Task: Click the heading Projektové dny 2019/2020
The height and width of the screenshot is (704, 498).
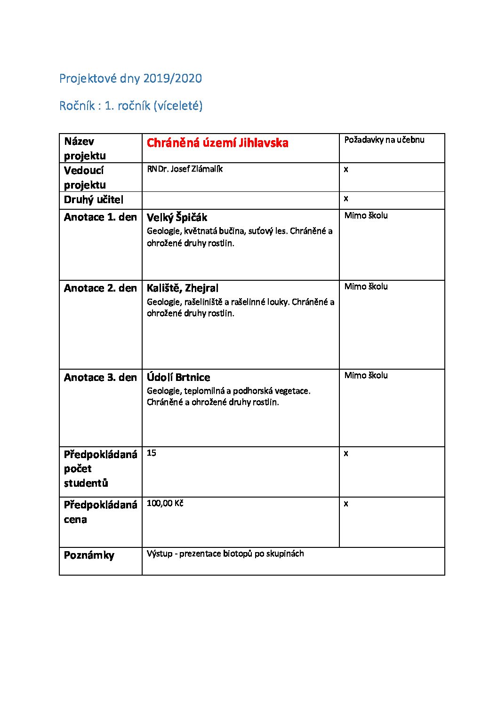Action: (130, 79)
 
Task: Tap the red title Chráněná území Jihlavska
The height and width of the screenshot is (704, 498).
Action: (217, 143)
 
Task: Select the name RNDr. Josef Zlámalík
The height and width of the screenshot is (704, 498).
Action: (185, 169)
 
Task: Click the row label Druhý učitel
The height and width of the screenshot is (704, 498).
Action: (93, 200)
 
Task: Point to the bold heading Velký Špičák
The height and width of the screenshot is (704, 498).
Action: (177, 218)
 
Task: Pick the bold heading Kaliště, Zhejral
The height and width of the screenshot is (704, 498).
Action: (183, 288)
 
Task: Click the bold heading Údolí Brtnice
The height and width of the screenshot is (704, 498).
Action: (178, 378)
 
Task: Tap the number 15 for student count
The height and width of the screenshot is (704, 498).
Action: (152, 453)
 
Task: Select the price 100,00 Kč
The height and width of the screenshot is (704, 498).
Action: (165, 504)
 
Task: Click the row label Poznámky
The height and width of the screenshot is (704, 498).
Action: (89, 555)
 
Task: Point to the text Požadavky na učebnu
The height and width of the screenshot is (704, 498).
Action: (384, 140)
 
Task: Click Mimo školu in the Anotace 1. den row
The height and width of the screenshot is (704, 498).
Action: (366, 216)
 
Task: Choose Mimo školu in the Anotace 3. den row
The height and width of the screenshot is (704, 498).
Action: (366, 376)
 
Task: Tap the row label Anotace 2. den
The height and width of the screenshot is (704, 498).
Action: (100, 288)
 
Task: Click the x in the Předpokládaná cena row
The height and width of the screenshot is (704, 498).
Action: (346, 504)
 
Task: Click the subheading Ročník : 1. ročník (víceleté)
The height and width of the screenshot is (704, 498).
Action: (131, 106)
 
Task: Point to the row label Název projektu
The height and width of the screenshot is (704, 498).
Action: (85, 149)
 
